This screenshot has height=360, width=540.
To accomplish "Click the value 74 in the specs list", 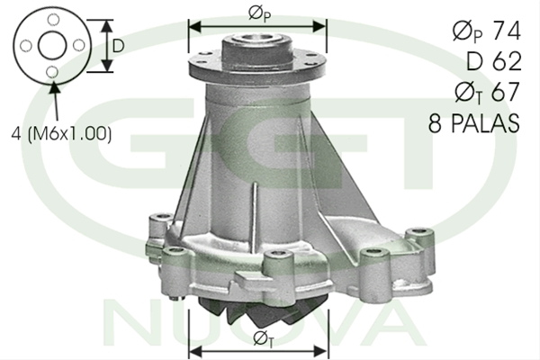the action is tap(506, 31).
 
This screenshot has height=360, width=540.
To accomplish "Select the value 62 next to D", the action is tap(507, 61).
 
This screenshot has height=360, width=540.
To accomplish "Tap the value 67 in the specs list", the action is tap(505, 92).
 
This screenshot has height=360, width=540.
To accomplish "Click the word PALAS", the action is tap(485, 123).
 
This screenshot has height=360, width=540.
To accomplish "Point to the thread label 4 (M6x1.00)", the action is tap(61, 134).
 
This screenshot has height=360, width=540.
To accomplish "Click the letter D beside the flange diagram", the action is tap(118, 46).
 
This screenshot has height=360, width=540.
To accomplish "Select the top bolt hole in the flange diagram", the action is tap(53, 20).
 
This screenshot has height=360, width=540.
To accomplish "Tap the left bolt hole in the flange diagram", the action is tap(26, 46).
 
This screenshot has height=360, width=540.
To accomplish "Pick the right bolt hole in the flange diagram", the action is tap(79, 45).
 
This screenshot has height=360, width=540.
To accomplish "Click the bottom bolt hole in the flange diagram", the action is tap(52, 72).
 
